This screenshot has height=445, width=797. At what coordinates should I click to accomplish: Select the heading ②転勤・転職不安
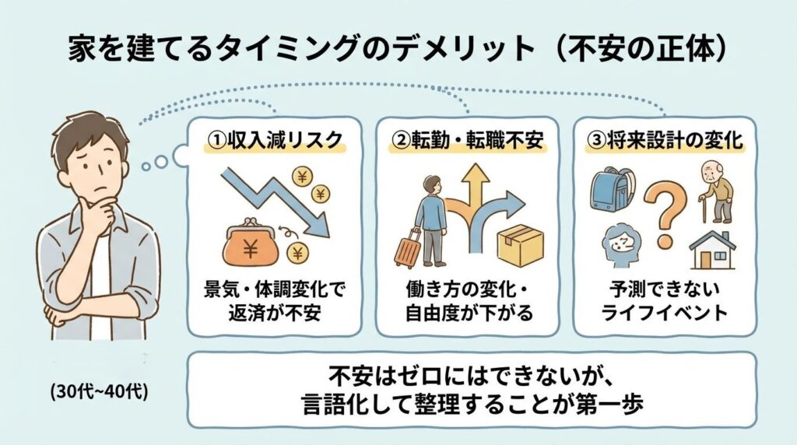470,142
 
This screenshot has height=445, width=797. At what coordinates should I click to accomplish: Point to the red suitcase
408,247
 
